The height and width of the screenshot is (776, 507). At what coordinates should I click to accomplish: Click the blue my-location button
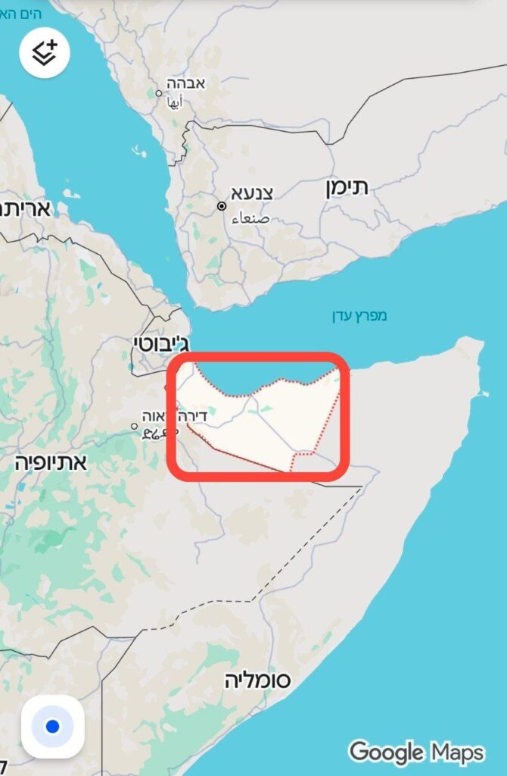click(52, 726)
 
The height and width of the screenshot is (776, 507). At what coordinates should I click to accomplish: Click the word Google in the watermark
click(387, 753)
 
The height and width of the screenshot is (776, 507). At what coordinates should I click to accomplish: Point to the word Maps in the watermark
click(457, 753)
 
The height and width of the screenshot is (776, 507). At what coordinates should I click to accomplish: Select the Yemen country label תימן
click(347, 187)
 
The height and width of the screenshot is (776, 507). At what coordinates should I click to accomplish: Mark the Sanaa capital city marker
click(222, 206)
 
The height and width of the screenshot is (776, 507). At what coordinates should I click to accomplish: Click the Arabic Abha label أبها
click(175, 104)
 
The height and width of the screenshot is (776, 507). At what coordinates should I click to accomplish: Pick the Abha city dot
click(159, 94)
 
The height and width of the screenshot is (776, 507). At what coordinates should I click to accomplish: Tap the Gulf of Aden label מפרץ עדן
click(359, 315)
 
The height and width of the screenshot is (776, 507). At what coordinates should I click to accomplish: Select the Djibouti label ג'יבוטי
click(161, 342)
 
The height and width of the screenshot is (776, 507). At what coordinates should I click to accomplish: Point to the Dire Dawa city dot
click(135, 426)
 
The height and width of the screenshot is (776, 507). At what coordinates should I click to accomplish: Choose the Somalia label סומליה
click(257, 680)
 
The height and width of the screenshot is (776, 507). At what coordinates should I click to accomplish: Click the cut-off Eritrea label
click(25, 208)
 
